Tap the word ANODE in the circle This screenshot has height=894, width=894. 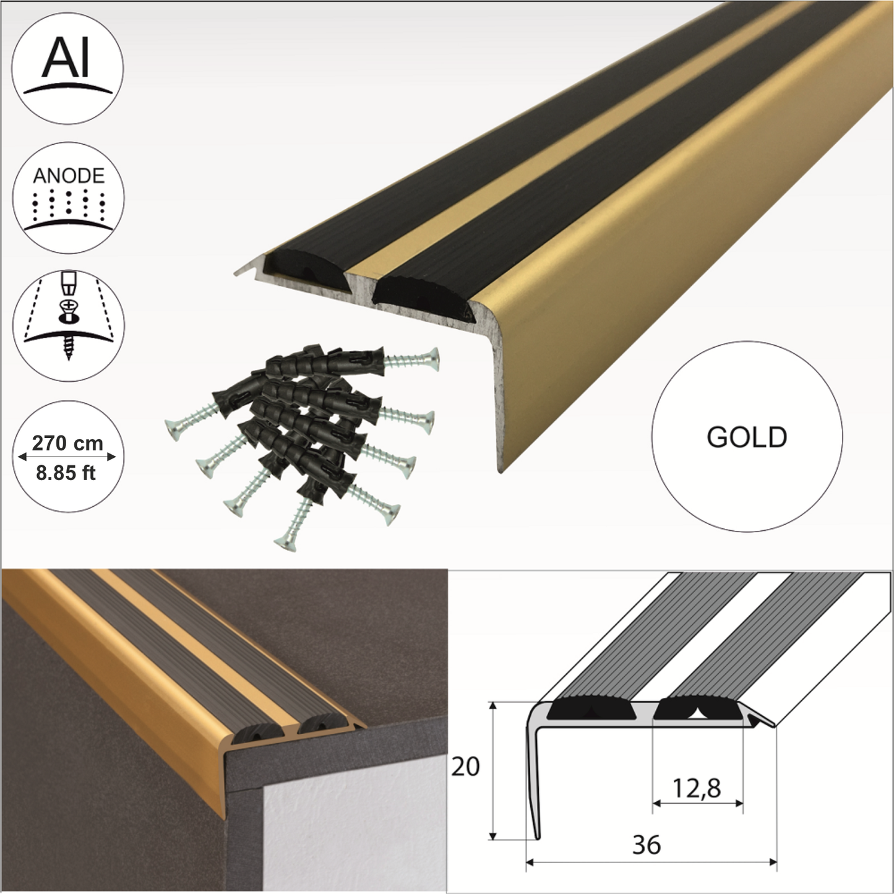point(68,176)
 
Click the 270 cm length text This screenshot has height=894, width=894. point(67,443)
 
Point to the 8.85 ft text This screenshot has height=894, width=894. point(66,473)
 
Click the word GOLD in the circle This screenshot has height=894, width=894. point(746,437)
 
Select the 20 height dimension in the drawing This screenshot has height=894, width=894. point(465,767)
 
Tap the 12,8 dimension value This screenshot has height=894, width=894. point(697,788)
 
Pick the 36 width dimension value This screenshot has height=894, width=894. point(647,844)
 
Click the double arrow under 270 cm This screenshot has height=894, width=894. point(67,457)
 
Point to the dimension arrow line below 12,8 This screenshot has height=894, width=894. point(697,804)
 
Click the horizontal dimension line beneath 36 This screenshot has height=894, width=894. point(651,861)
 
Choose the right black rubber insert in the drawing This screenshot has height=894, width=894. point(698,710)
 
